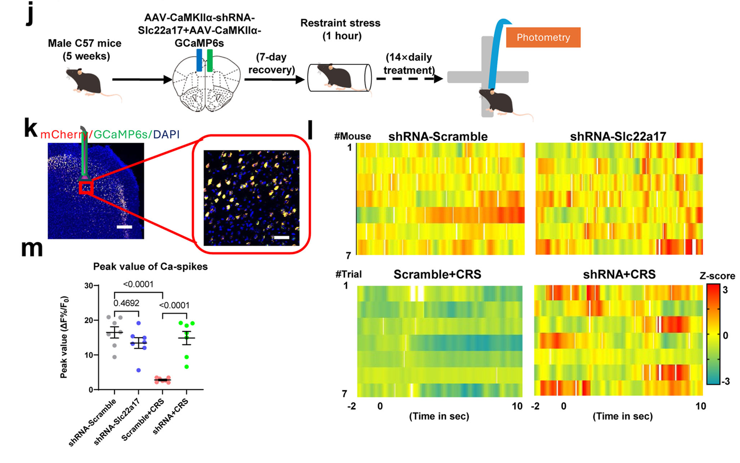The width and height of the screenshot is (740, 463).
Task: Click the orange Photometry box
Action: pos(543,38)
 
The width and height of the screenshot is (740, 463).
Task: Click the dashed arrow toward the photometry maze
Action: pos(409,78)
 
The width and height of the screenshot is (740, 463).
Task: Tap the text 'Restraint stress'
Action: pos(340,23)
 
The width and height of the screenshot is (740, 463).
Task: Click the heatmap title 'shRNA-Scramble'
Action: pos(438,136)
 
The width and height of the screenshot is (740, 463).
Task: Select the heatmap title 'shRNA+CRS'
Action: pos(619,274)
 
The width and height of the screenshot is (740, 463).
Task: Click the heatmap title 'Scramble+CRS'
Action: pos(437,274)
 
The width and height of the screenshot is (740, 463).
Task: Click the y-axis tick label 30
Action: pos(89,286)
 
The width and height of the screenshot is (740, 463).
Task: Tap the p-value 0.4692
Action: pos(126,303)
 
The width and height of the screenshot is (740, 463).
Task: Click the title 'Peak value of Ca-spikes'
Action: pos(150,267)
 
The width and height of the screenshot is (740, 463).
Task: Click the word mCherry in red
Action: pos(63,134)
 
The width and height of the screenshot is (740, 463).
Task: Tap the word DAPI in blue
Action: pos(166,134)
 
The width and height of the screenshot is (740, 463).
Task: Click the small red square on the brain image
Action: pos(86,188)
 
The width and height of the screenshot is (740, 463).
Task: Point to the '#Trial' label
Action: pos(348,274)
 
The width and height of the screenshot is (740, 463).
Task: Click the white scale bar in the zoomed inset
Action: pos(282,237)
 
